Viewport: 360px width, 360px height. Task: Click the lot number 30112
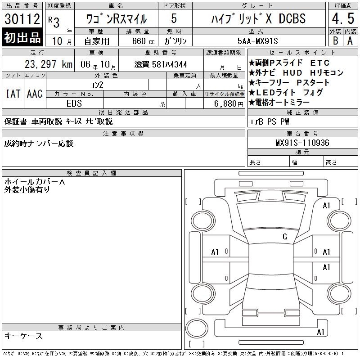coord(22,18)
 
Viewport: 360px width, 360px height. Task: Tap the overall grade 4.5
coord(343,18)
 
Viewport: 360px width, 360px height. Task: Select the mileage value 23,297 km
coord(49,64)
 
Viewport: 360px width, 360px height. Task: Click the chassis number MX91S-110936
coord(302,143)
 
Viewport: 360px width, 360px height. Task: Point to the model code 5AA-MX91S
coord(257,41)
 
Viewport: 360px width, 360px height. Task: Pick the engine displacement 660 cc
coord(143,41)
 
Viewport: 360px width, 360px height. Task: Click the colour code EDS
coord(74,103)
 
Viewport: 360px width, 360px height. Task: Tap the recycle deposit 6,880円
coord(229,104)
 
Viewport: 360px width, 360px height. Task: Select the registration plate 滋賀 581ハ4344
coord(161,64)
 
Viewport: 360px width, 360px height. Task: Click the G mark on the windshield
coord(285,237)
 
